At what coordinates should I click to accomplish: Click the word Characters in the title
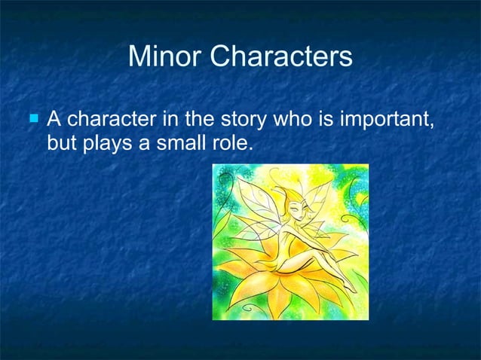click(x=280, y=56)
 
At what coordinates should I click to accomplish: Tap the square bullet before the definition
click(x=32, y=118)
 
